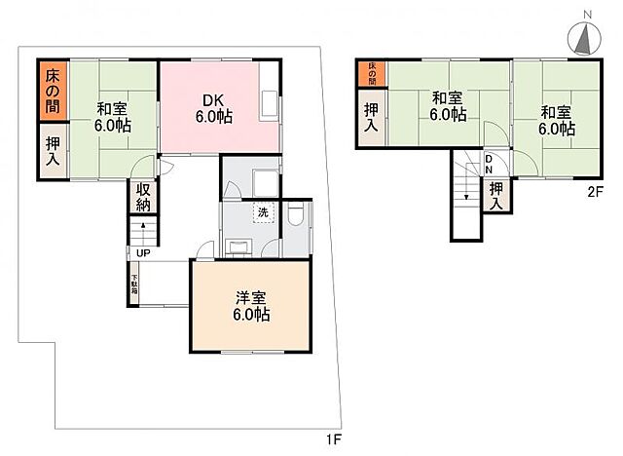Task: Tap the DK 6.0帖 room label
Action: [214, 108]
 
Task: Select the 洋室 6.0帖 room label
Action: [250, 306]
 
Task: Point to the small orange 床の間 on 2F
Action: [371, 72]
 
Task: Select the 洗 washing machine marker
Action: [264, 212]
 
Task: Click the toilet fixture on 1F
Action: [297, 216]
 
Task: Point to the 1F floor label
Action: [334, 440]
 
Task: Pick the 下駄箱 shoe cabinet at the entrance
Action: [135, 285]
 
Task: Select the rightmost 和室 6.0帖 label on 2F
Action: [558, 117]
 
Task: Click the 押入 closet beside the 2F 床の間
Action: [371, 118]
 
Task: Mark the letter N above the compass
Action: [586, 12]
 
